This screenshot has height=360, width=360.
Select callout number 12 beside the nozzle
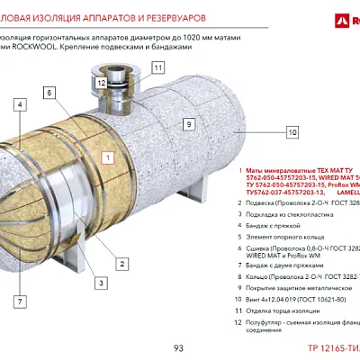point(102,82)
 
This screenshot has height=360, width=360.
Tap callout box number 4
point(19,103)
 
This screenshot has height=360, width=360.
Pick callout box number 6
point(48,93)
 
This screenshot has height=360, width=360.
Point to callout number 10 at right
point(292,132)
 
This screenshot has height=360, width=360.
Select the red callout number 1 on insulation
point(107,157)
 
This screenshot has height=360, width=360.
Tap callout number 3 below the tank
point(102,283)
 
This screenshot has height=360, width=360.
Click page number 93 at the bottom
point(178,347)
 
